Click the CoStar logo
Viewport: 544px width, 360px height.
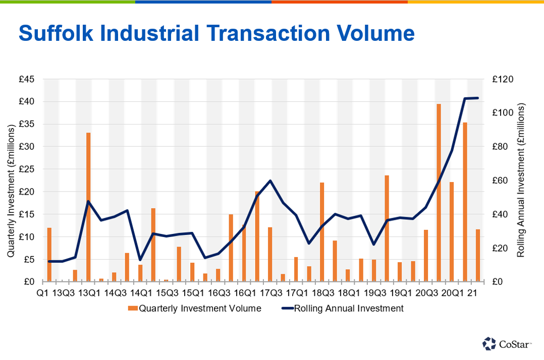pos(507,344)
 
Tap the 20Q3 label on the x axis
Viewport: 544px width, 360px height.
pos(426,293)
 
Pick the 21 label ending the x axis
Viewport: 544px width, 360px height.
pos(473,293)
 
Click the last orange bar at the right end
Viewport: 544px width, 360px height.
pos(478,255)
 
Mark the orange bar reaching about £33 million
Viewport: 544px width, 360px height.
pos(88,207)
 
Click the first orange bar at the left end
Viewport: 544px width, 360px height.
pos(49,254)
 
